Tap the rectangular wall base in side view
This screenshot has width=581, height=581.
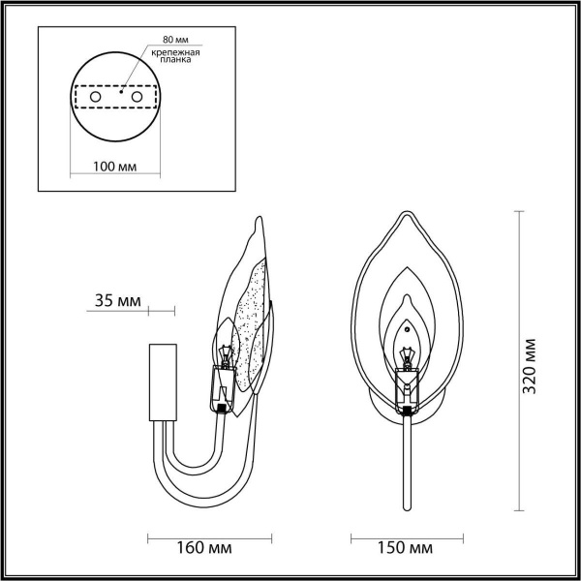coord(160,382)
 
